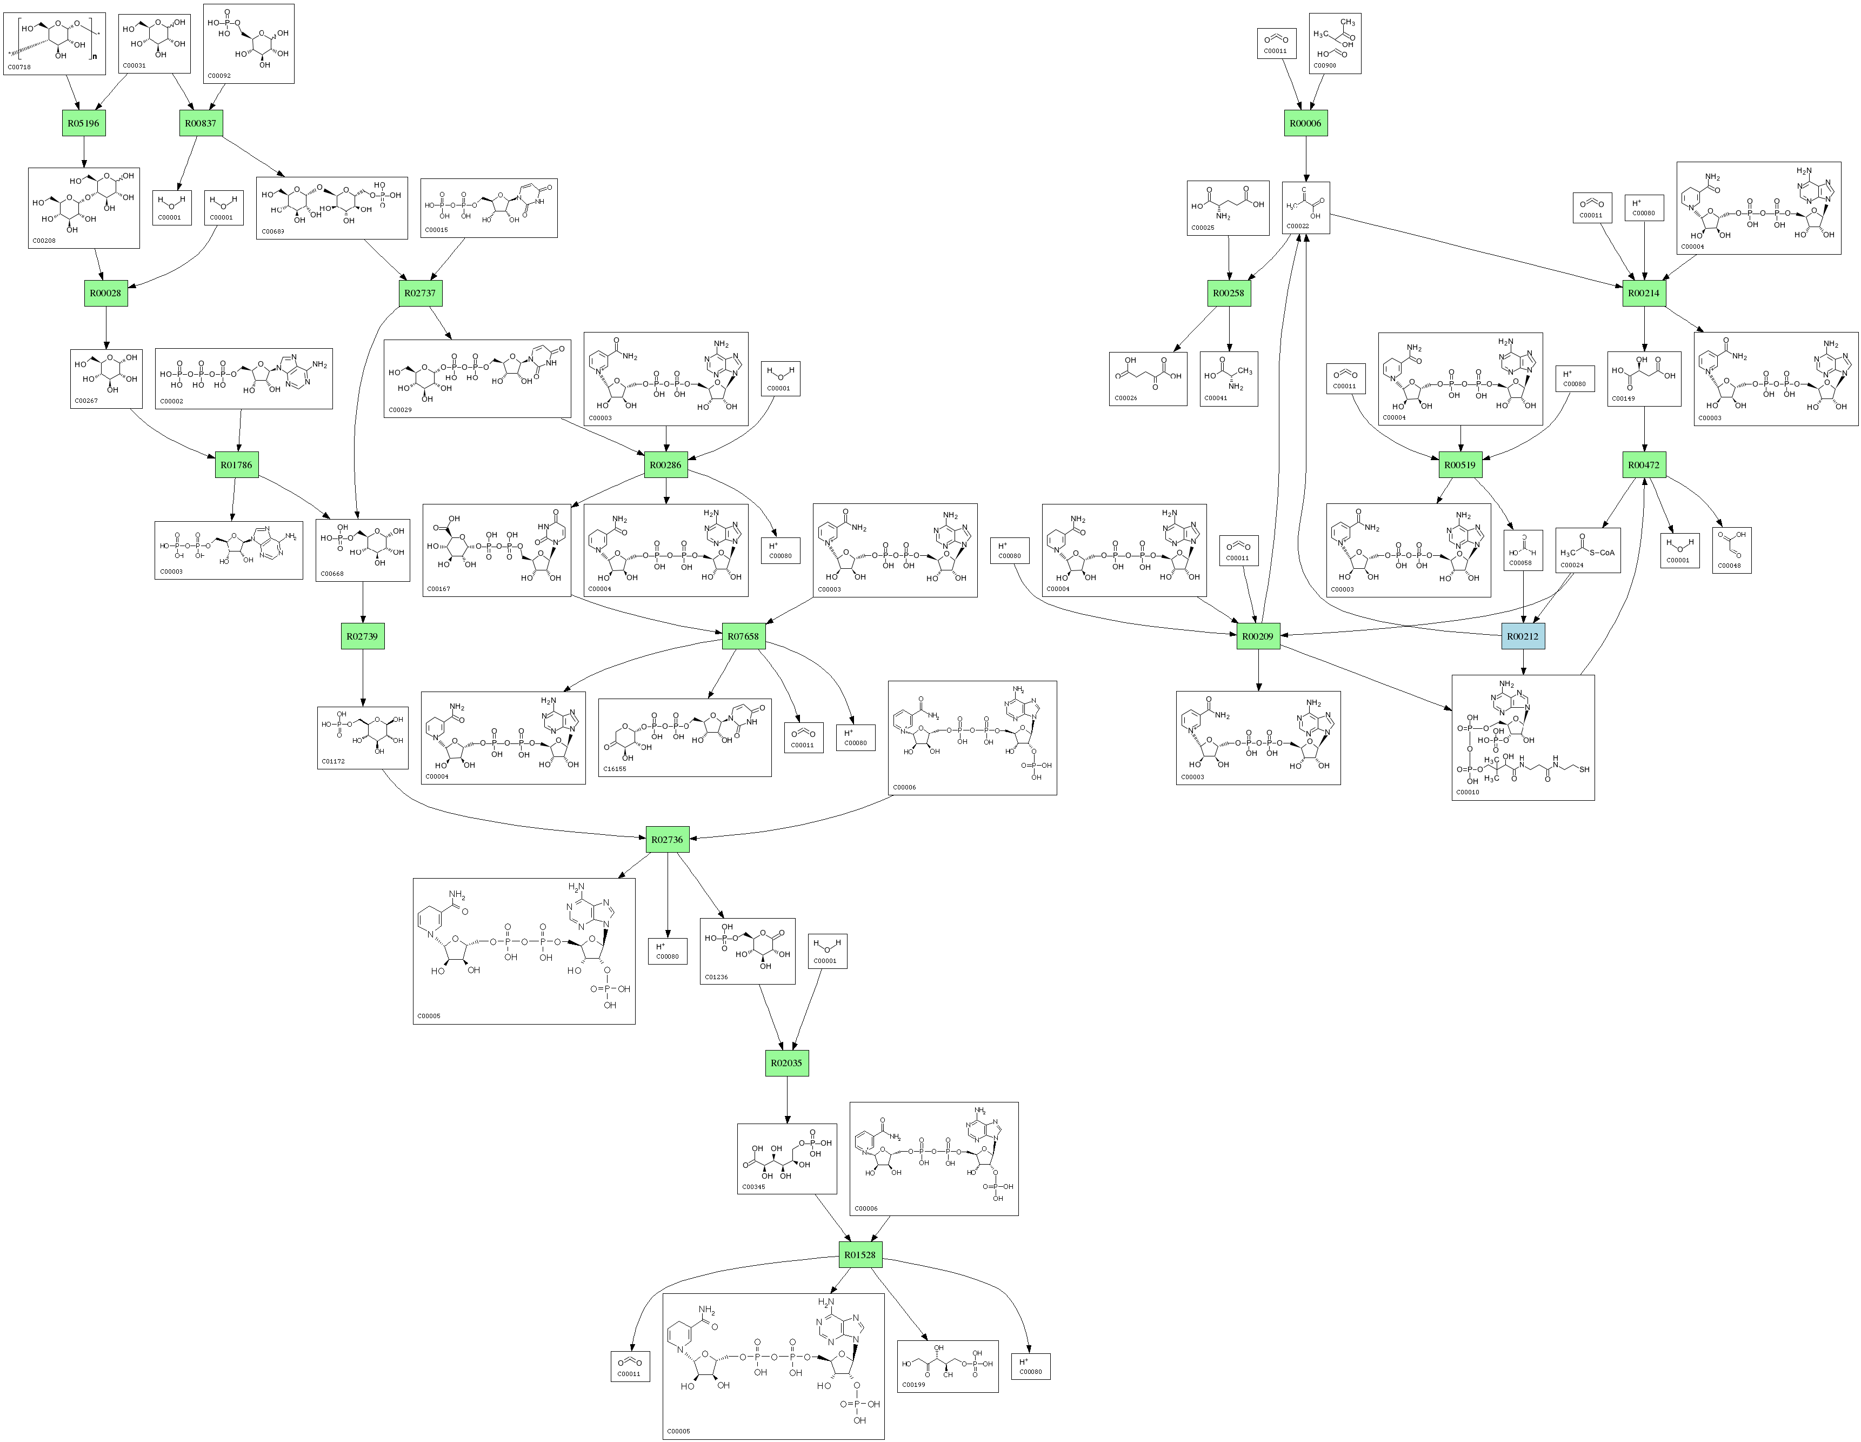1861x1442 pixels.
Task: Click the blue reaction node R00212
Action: coord(1523,636)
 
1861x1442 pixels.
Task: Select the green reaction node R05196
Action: coord(83,123)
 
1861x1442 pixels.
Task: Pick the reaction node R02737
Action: coord(420,293)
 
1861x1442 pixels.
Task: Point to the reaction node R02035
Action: coord(786,1063)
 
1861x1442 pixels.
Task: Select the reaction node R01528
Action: coord(860,1254)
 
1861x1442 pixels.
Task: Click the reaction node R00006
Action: coord(1305,123)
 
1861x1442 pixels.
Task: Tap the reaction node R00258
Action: coord(1229,293)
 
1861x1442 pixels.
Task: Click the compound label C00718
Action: coord(19,67)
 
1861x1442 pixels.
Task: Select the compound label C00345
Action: coord(753,1186)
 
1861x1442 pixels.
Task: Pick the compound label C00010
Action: coord(1468,792)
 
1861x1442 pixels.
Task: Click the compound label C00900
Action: coord(1325,65)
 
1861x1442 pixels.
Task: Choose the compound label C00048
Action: coord(1729,565)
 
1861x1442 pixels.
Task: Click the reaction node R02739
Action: coord(362,636)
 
